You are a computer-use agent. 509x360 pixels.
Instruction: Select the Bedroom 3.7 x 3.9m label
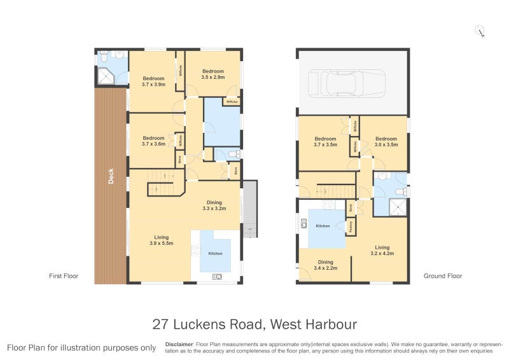point(153,81)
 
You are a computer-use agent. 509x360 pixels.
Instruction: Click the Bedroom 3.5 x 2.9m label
point(213,74)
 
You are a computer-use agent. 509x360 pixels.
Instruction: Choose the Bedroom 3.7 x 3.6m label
point(153,141)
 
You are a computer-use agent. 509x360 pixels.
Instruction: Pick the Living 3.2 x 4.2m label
point(381,250)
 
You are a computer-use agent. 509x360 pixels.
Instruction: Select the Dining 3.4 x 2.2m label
point(325,265)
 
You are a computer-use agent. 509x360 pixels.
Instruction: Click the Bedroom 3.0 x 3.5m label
point(386,141)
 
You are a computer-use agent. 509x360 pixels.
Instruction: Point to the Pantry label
point(350,225)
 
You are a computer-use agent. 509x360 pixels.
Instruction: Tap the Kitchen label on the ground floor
point(323,226)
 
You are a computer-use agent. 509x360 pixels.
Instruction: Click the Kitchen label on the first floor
point(215,254)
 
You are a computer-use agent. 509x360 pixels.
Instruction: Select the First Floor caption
point(64,276)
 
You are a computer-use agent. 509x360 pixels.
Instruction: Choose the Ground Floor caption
point(443,276)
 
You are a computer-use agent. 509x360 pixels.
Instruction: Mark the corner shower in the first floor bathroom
point(105,77)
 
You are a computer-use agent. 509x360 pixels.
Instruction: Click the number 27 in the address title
point(161,324)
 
